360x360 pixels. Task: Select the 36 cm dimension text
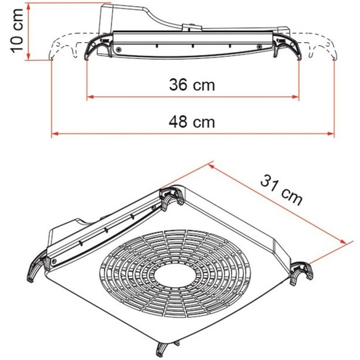coord(192,85)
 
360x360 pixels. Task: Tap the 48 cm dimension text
coord(192,122)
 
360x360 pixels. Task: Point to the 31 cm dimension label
coord(282,189)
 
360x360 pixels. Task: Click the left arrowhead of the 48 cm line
coord(54,134)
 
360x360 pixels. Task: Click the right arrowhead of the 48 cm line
coord(331,134)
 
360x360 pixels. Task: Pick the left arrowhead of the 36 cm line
coord(90,97)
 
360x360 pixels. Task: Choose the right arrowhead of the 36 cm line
coord(296,97)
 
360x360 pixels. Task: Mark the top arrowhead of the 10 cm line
coord(28,6)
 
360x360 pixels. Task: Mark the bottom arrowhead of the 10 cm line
coord(28,57)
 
